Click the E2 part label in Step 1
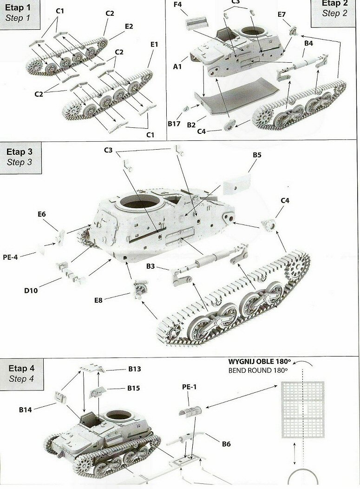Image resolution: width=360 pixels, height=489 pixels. coord(129,26)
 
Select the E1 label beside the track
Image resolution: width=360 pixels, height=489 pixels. coord(154,44)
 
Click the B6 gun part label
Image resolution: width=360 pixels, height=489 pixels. coord(226,444)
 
